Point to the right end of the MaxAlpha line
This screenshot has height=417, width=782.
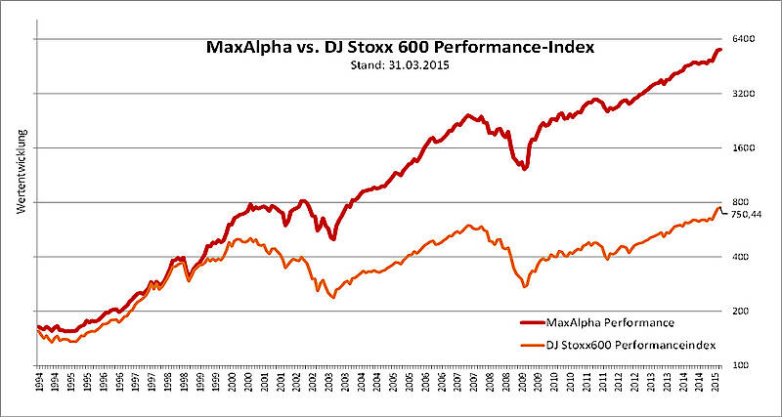tap(720, 50)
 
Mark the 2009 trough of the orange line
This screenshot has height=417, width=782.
tap(525, 286)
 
